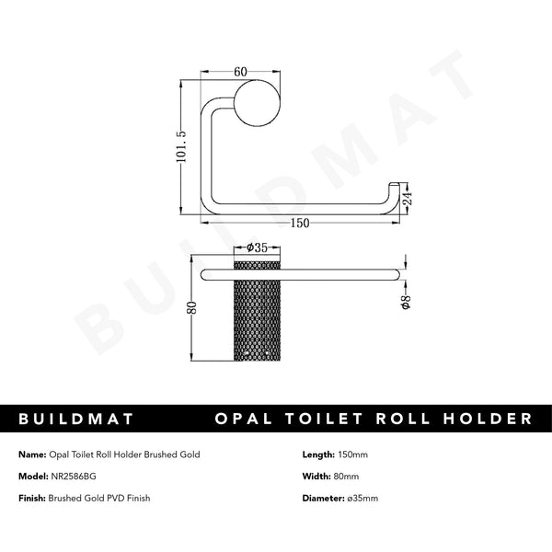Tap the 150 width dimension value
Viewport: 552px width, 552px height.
[x=301, y=223]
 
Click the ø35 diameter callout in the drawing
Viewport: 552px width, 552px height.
[x=257, y=247]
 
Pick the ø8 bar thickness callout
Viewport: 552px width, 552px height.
[x=405, y=298]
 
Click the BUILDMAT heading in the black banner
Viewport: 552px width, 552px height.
[x=76, y=420]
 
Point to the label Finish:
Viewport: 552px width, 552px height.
[x=32, y=498]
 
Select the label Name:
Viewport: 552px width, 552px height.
[x=32, y=455]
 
